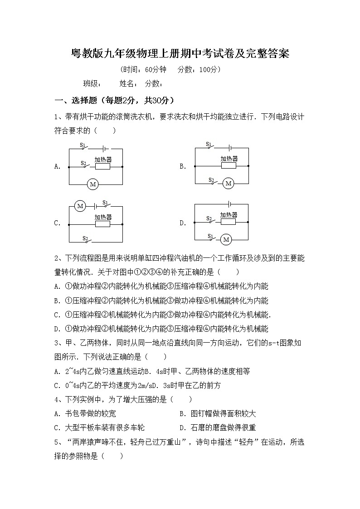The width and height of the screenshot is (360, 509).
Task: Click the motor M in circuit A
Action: (93, 184)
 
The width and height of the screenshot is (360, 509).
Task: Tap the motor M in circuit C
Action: (80, 206)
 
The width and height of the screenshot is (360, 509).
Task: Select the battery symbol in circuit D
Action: (230, 204)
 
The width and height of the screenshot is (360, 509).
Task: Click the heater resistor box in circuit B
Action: (229, 166)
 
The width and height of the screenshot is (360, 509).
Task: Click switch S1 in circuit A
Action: (85, 147)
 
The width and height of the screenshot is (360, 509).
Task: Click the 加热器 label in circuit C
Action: (103, 217)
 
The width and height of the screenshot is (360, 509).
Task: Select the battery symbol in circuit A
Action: (104, 148)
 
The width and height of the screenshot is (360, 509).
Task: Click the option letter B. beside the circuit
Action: (183, 166)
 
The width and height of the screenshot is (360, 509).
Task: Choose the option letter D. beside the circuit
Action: (183, 223)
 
